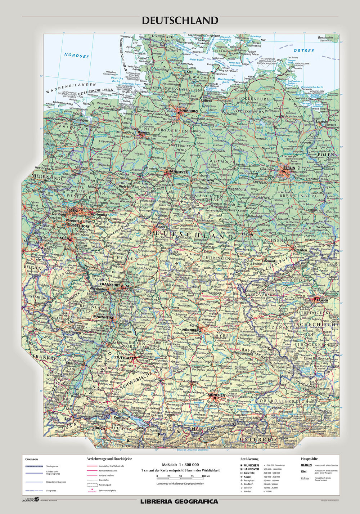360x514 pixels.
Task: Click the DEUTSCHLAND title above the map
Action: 180,21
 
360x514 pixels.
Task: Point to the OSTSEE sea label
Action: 304,51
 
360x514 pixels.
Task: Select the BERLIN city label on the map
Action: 289,168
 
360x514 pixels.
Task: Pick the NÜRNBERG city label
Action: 191,330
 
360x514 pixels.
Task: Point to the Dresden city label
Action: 300,250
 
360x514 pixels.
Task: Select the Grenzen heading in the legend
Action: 32,459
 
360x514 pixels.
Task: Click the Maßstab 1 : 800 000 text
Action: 180,465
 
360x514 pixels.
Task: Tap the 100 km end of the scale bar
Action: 206,476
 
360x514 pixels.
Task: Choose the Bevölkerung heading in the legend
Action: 249,459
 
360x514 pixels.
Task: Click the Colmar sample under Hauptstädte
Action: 305,479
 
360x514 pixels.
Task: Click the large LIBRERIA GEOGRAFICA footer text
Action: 179,501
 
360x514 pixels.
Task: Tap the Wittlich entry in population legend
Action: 248,488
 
